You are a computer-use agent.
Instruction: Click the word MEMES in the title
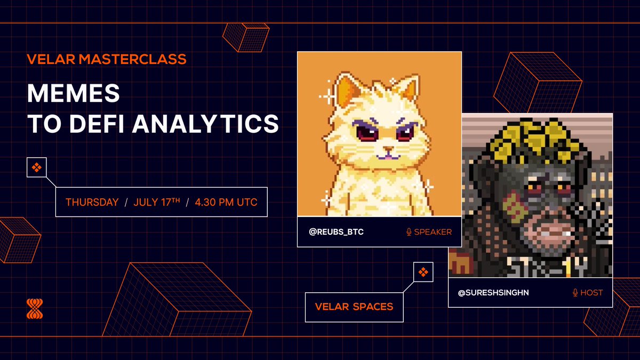tap(74, 93)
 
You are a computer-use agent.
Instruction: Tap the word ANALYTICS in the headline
tap(205, 123)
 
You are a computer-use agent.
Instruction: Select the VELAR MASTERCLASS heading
tap(107, 59)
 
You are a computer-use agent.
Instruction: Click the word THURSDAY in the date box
tap(92, 202)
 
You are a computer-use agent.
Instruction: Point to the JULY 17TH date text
tap(157, 202)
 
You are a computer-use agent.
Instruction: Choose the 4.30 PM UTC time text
tap(226, 202)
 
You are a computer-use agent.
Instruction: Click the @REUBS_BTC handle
tap(337, 231)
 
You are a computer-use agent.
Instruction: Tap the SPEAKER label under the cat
tap(433, 232)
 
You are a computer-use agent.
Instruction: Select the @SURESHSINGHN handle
tap(493, 293)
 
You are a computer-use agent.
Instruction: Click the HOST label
tap(591, 293)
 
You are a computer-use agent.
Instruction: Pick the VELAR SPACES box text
tap(354, 307)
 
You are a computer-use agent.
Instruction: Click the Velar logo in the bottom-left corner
tap(35, 309)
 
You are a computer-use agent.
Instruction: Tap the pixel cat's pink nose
tap(388, 149)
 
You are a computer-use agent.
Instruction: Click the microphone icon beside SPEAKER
tap(409, 232)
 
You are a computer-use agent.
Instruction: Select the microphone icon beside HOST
tap(575, 293)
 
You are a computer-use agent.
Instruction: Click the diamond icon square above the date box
tap(37, 167)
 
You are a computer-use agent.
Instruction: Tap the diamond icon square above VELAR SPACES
tap(423, 272)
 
